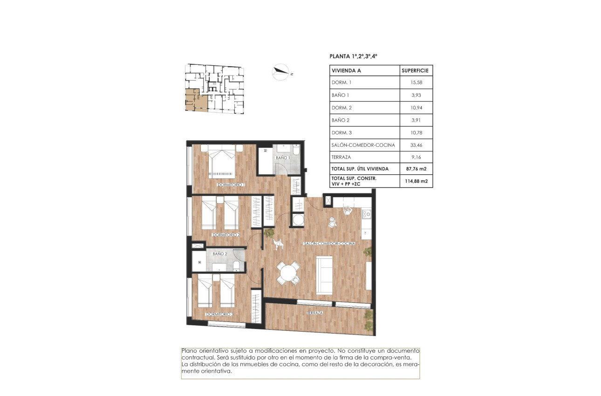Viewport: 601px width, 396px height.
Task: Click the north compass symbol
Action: coord(281,71)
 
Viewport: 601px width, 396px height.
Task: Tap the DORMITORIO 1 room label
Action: coord(231,185)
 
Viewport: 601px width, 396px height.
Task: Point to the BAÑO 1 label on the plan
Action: coord(283,158)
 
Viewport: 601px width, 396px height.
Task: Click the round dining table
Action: coord(289,272)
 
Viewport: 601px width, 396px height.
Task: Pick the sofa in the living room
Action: coord(324,274)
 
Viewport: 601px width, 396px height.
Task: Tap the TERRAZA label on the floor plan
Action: coord(315,313)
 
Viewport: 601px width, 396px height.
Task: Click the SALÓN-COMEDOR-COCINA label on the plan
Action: coord(329,244)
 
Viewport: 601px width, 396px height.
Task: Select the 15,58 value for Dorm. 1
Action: coord(416,83)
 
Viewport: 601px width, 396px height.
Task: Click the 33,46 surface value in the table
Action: coord(416,145)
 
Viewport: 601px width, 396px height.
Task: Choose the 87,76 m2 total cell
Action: coord(416,168)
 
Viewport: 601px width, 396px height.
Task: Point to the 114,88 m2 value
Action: coord(416,181)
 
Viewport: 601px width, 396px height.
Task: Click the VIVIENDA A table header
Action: coord(346,71)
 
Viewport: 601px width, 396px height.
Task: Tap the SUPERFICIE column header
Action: coord(416,71)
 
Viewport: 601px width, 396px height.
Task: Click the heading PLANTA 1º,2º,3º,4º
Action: coord(353,56)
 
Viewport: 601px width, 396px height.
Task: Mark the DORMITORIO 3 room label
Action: coord(219,314)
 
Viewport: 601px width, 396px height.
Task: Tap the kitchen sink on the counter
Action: coord(367,214)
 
